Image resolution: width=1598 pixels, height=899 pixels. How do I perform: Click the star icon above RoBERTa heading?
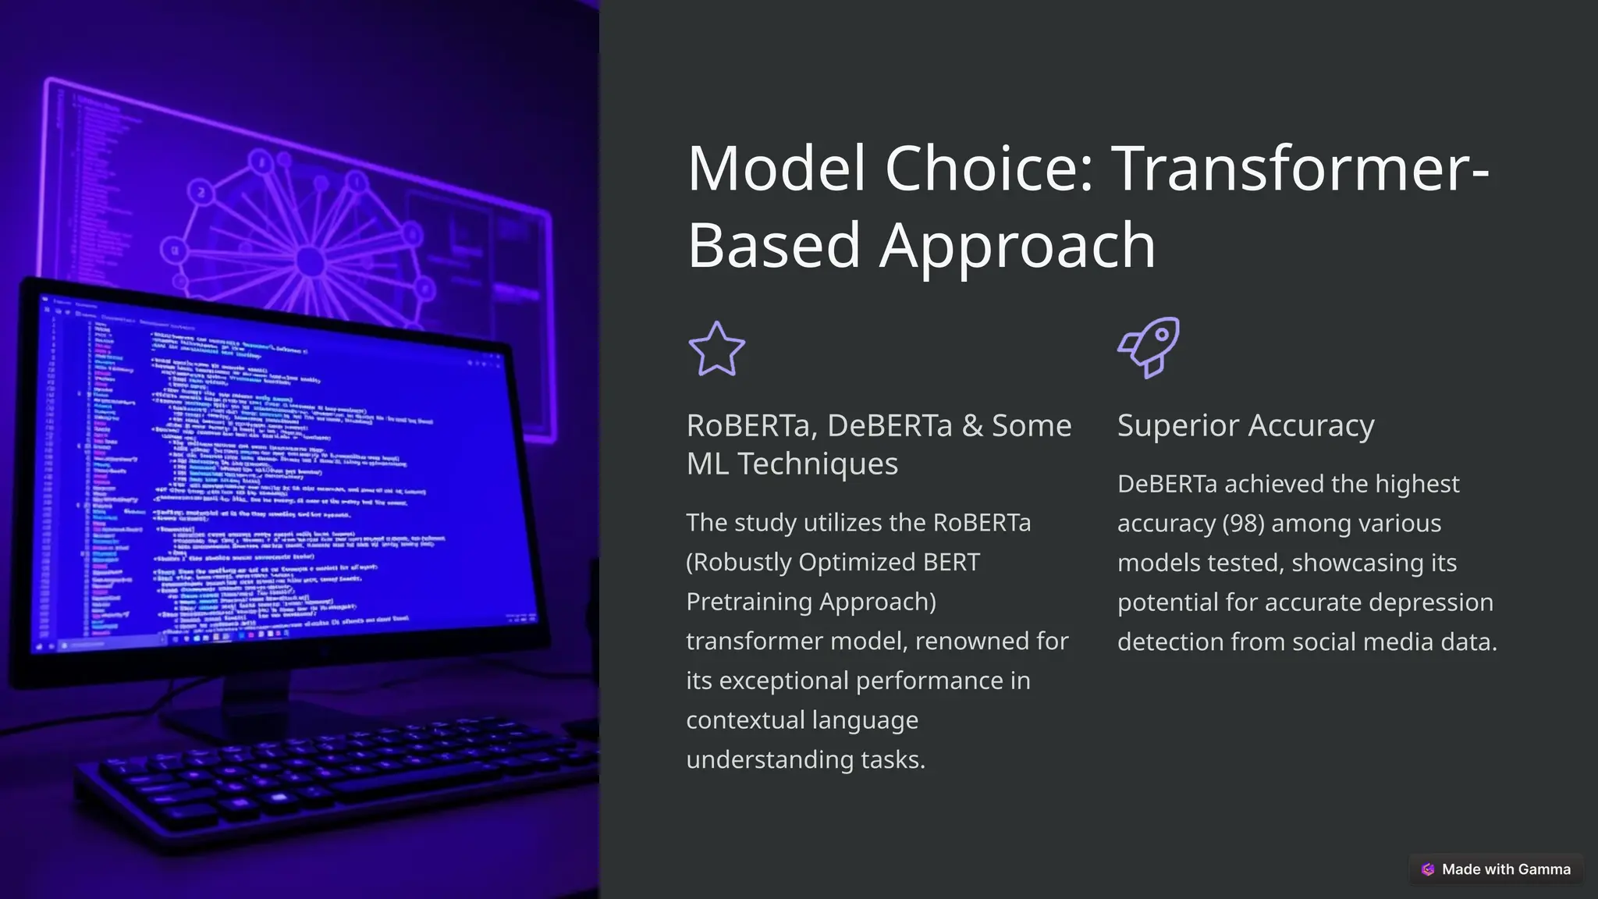click(x=716, y=349)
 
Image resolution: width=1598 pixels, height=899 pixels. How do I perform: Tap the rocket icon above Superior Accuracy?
click(x=1149, y=347)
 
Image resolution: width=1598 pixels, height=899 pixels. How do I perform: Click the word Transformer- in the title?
click(x=1300, y=169)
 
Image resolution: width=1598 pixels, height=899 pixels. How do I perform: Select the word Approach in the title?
click(x=1017, y=245)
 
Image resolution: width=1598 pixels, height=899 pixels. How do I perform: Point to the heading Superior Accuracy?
click(x=1245, y=426)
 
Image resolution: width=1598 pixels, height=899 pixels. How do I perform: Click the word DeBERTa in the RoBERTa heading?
click(x=890, y=426)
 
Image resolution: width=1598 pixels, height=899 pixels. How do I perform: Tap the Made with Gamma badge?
click(x=1496, y=869)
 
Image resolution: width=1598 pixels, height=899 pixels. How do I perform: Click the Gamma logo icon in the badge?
click(x=1428, y=869)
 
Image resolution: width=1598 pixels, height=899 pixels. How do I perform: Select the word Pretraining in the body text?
click(x=749, y=602)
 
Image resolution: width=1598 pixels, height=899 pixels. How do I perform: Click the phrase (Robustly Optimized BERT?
click(x=833, y=563)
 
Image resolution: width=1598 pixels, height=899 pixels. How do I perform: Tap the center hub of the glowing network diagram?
click(x=311, y=261)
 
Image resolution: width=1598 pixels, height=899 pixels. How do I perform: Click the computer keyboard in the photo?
click(x=328, y=780)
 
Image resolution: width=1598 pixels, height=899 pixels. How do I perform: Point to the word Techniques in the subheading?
click(x=818, y=464)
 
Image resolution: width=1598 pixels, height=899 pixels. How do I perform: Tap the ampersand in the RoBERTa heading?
click(x=972, y=426)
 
